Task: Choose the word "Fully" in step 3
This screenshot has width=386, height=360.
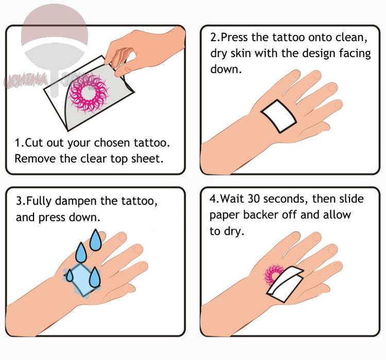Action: point(42,201)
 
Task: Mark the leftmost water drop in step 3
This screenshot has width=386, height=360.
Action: point(69,276)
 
